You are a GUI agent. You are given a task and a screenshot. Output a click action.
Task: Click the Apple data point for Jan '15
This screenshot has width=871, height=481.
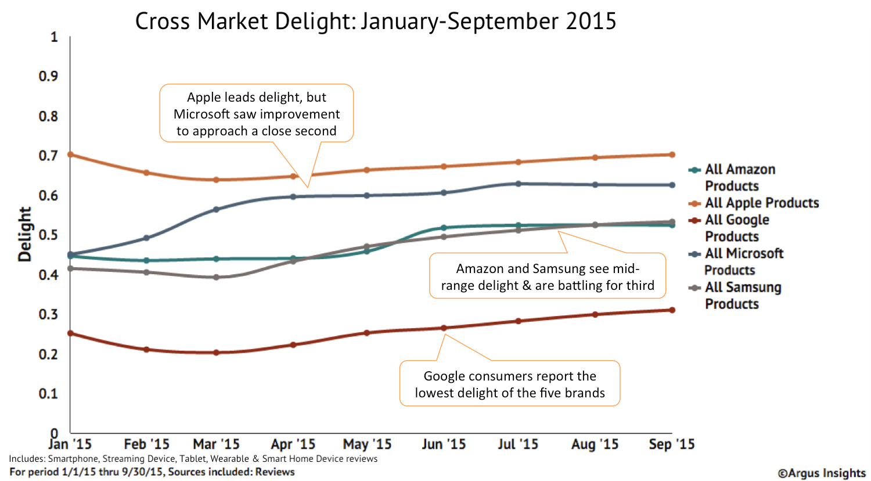[70, 155]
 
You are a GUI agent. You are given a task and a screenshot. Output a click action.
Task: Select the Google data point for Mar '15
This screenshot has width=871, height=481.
[216, 353]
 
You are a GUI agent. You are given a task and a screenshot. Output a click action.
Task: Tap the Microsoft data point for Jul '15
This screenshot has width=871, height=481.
[518, 184]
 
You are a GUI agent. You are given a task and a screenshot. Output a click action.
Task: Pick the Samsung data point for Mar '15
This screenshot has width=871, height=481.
[216, 277]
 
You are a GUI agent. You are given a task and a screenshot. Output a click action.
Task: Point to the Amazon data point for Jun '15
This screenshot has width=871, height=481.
[444, 228]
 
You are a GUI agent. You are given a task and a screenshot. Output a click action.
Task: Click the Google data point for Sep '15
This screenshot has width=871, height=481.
[672, 310]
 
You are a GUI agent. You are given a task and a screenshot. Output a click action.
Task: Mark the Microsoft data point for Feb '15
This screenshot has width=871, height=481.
[146, 238]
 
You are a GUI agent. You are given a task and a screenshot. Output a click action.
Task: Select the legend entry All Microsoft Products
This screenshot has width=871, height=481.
[743, 261]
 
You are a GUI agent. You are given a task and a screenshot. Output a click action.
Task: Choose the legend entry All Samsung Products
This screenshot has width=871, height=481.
[742, 295]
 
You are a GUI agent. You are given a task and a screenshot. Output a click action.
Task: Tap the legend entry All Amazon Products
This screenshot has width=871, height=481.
[739, 177]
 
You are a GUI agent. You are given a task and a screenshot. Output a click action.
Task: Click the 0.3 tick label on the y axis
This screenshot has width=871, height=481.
[48, 314]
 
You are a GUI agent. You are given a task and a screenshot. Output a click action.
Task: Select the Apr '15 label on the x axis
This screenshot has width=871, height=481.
[293, 444]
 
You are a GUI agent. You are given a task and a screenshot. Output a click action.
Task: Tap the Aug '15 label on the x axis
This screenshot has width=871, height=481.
[595, 444]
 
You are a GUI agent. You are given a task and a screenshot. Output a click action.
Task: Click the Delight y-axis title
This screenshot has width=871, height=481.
[24, 234]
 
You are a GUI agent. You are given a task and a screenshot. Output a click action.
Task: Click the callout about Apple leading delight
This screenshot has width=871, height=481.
[256, 114]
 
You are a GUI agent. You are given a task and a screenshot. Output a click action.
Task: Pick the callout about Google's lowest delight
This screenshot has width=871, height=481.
[509, 384]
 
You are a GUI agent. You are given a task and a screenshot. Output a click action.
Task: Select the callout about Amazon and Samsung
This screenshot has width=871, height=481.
[547, 277]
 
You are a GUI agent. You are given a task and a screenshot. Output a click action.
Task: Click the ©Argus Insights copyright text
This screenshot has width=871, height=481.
[821, 473]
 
